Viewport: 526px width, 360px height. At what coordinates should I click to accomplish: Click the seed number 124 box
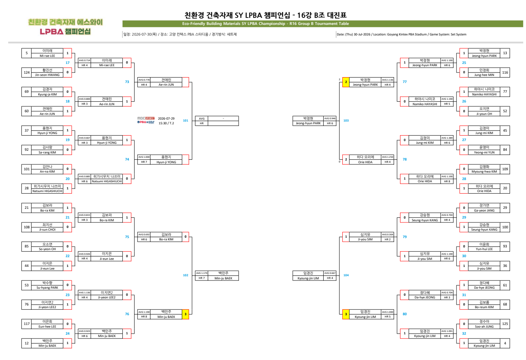[27, 72]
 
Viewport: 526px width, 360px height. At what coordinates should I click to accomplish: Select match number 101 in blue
[186, 120]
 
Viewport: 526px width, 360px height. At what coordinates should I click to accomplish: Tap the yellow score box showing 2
[345, 82]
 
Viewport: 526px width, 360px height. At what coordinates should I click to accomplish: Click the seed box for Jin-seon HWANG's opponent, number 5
[27, 53]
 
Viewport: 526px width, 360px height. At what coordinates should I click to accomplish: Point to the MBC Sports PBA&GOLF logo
[146, 120]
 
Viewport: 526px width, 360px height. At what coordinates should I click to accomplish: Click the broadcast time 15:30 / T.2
[166, 123]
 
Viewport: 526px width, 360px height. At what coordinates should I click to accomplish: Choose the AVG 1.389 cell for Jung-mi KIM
[447, 138]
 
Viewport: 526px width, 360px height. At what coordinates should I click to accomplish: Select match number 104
[346, 275]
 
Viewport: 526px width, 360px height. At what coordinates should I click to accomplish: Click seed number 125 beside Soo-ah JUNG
[505, 324]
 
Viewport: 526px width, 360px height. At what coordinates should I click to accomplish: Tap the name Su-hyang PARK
[47, 288]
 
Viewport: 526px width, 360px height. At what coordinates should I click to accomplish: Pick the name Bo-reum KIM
[484, 307]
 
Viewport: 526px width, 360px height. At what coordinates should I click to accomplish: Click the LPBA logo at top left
[65, 32]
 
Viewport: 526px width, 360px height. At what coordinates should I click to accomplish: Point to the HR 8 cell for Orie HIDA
[447, 181]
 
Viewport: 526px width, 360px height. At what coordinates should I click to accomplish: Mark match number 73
[127, 82]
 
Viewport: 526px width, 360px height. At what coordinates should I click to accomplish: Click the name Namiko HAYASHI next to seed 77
[484, 94]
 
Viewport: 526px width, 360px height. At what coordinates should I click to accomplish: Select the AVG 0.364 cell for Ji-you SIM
[388, 235]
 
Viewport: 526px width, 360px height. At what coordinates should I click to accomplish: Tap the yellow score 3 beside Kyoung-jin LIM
[345, 314]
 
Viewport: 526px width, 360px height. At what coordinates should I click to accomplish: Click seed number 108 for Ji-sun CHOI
[27, 227]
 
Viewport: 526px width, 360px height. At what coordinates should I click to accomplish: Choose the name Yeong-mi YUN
[484, 152]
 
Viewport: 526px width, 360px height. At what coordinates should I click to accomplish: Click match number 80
[405, 314]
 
